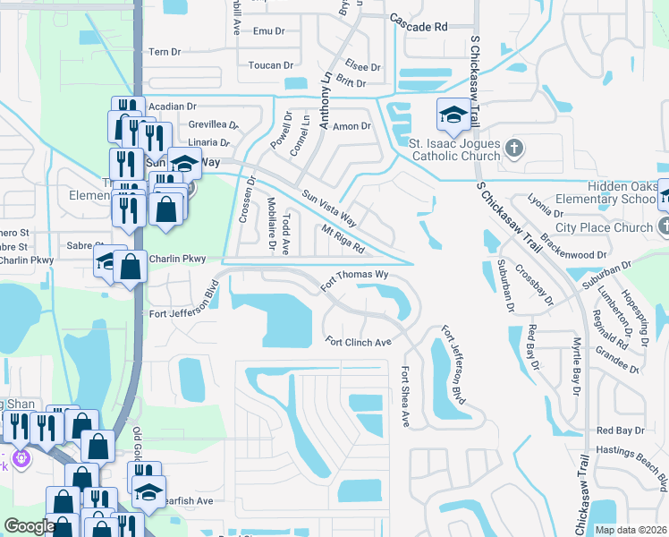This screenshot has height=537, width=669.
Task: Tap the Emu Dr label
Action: pos(267,31)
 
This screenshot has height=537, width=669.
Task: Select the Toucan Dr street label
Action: pos(272,65)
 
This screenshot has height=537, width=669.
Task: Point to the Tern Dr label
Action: pos(164,52)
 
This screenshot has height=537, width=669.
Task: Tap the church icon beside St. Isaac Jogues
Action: pos(514,147)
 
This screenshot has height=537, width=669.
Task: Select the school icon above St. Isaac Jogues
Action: pos(453,114)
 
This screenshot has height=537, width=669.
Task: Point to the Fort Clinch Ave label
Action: pos(359,342)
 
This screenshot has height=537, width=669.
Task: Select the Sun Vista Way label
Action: pos(329,209)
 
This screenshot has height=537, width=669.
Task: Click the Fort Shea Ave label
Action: pos(405,396)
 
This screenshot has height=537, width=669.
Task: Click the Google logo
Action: pos(30,526)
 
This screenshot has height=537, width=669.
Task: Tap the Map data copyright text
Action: pos(631,530)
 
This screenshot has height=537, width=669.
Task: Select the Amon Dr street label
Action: pos(351,127)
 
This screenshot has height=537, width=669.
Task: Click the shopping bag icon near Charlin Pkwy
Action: pos(131,267)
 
